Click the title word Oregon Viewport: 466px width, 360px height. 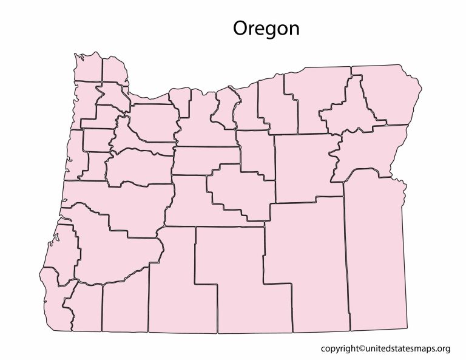coord(266,29)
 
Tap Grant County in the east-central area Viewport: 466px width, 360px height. coord(303,167)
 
